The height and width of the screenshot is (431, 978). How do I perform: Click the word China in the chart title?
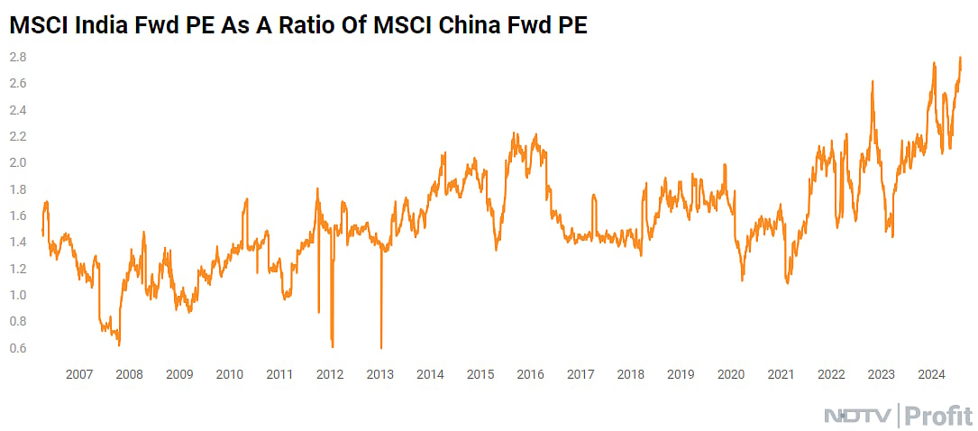click(x=482, y=26)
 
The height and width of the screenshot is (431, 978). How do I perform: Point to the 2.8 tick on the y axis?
click(x=18, y=57)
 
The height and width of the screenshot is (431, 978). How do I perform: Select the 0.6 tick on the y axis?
click(x=18, y=348)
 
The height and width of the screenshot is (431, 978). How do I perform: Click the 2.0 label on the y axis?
click(x=18, y=162)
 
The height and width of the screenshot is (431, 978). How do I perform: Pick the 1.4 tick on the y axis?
click(x=18, y=243)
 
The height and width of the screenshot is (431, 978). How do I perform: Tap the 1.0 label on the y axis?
click(x=18, y=295)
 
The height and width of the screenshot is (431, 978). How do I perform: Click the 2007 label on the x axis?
click(x=78, y=374)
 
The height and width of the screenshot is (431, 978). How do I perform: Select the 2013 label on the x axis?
click(x=380, y=374)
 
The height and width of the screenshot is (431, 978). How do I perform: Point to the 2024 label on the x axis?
click(x=931, y=374)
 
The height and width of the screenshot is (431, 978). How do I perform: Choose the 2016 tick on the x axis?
click(x=530, y=374)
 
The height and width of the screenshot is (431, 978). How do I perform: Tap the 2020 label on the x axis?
click(x=730, y=374)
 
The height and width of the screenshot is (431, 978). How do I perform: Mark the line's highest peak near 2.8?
click(x=960, y=58)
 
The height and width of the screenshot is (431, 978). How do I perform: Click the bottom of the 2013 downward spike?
click(x=381, y=347)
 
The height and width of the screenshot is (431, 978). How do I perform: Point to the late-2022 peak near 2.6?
click(x=873, y=82)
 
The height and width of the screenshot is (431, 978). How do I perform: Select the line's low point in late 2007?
click(x=119, y=344)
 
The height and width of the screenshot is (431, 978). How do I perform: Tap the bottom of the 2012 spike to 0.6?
click(x=333, y=346)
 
